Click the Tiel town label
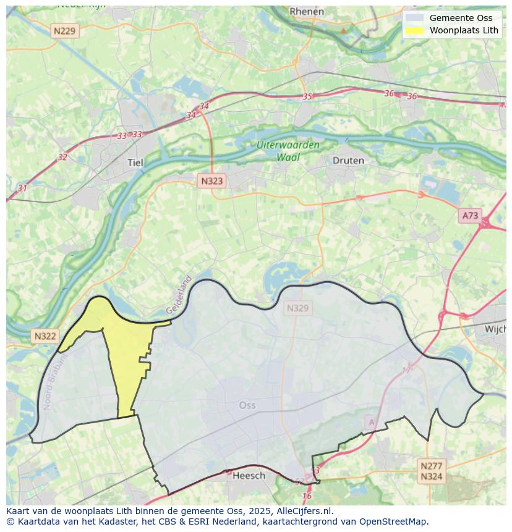[x=135, y=163]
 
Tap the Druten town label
[x=348, y=161]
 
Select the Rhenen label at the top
[x=307, y=11]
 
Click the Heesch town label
[x=249, y=475]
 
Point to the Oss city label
[x=247, y=405]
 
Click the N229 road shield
[x=65, y=31]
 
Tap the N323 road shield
[x=211, y=181]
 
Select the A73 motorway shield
[x=470, y=216]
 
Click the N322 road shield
[x=45, y=336]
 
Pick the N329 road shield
[x=297, y=308]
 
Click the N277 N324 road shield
[x=431, y=471]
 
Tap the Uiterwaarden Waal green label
[x=289, y=151]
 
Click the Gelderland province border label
[x=179, y=295]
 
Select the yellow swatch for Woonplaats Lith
[x=415, y=30]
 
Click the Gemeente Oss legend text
[x=461, y=18]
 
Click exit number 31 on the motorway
[x=22, y=188]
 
